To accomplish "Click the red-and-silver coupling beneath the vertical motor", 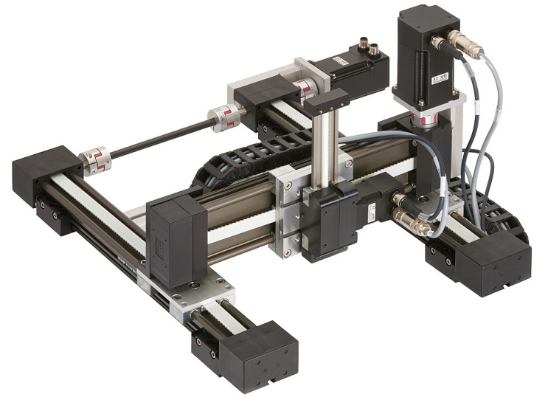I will pyautogui.click(x=427, y=119).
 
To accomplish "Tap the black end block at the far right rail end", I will pyautogui.click(x=490, y=263).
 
